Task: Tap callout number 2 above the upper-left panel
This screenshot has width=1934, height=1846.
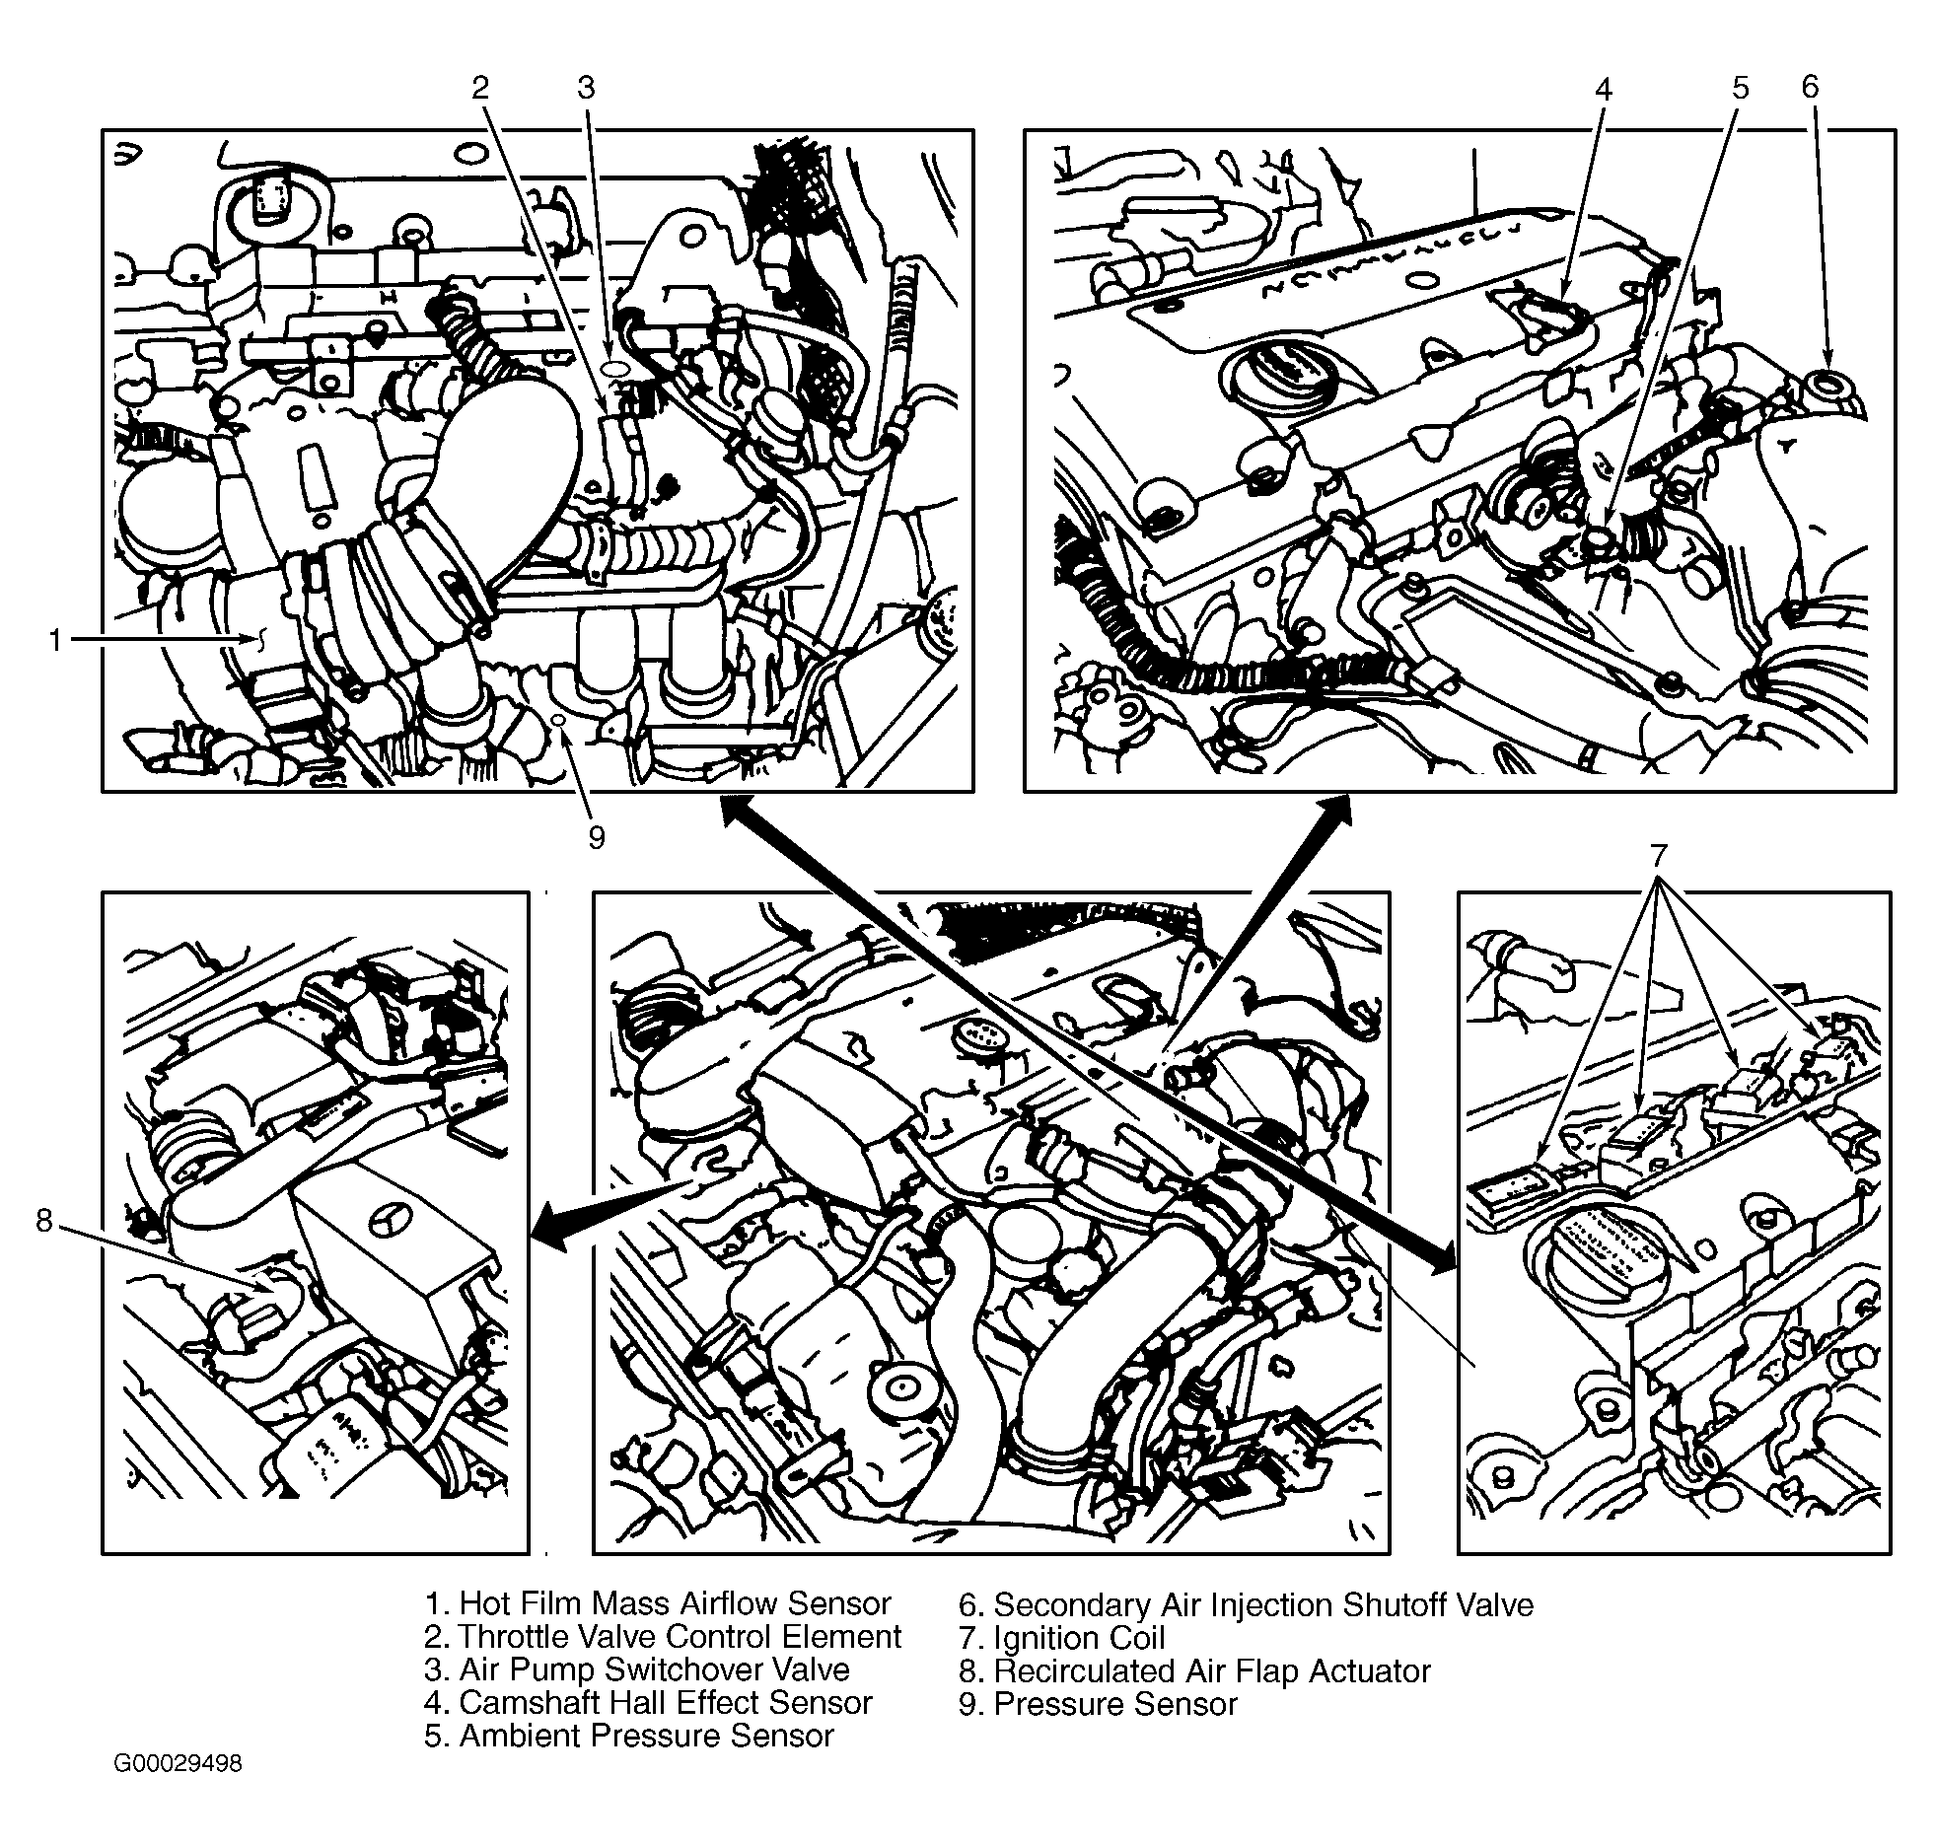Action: tap(480, 88)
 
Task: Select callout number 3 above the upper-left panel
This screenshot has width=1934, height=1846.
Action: tap(587, 88)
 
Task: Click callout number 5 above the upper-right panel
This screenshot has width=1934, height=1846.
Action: tap(1741, 88)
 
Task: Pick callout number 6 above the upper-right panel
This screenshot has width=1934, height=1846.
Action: tap(1810, 87)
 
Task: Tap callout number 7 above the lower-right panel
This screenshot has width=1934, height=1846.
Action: tap(1659, 853)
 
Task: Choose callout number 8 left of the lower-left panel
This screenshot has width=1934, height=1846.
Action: tap(43, 1221)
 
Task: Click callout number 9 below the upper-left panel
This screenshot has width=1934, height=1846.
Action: tap(596, 837)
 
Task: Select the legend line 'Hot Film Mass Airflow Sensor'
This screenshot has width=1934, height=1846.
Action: tap(658, 1602)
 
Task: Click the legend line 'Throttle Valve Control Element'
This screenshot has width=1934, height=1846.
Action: tap(663, 1636)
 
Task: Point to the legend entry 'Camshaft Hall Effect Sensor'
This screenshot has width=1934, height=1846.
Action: tap(648, 1702)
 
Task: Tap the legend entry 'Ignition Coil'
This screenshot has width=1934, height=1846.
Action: tap(1061, 1638)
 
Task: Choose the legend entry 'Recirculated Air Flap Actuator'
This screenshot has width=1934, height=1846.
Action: tap(1193, 1670)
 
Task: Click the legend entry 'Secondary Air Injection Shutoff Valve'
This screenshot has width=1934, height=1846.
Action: tap(1246, 1604)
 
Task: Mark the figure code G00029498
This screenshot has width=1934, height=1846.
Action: tap(178, 1762)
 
